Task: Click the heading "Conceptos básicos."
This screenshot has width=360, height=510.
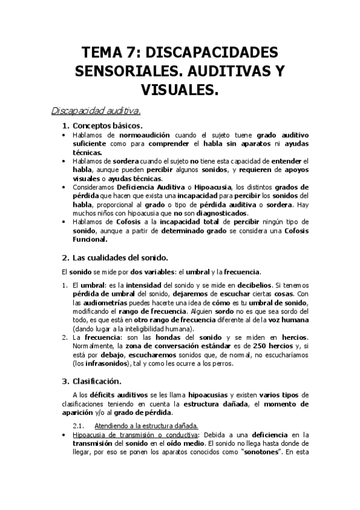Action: point(107,126)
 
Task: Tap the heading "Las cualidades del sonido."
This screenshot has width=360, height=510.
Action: point(116,259)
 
